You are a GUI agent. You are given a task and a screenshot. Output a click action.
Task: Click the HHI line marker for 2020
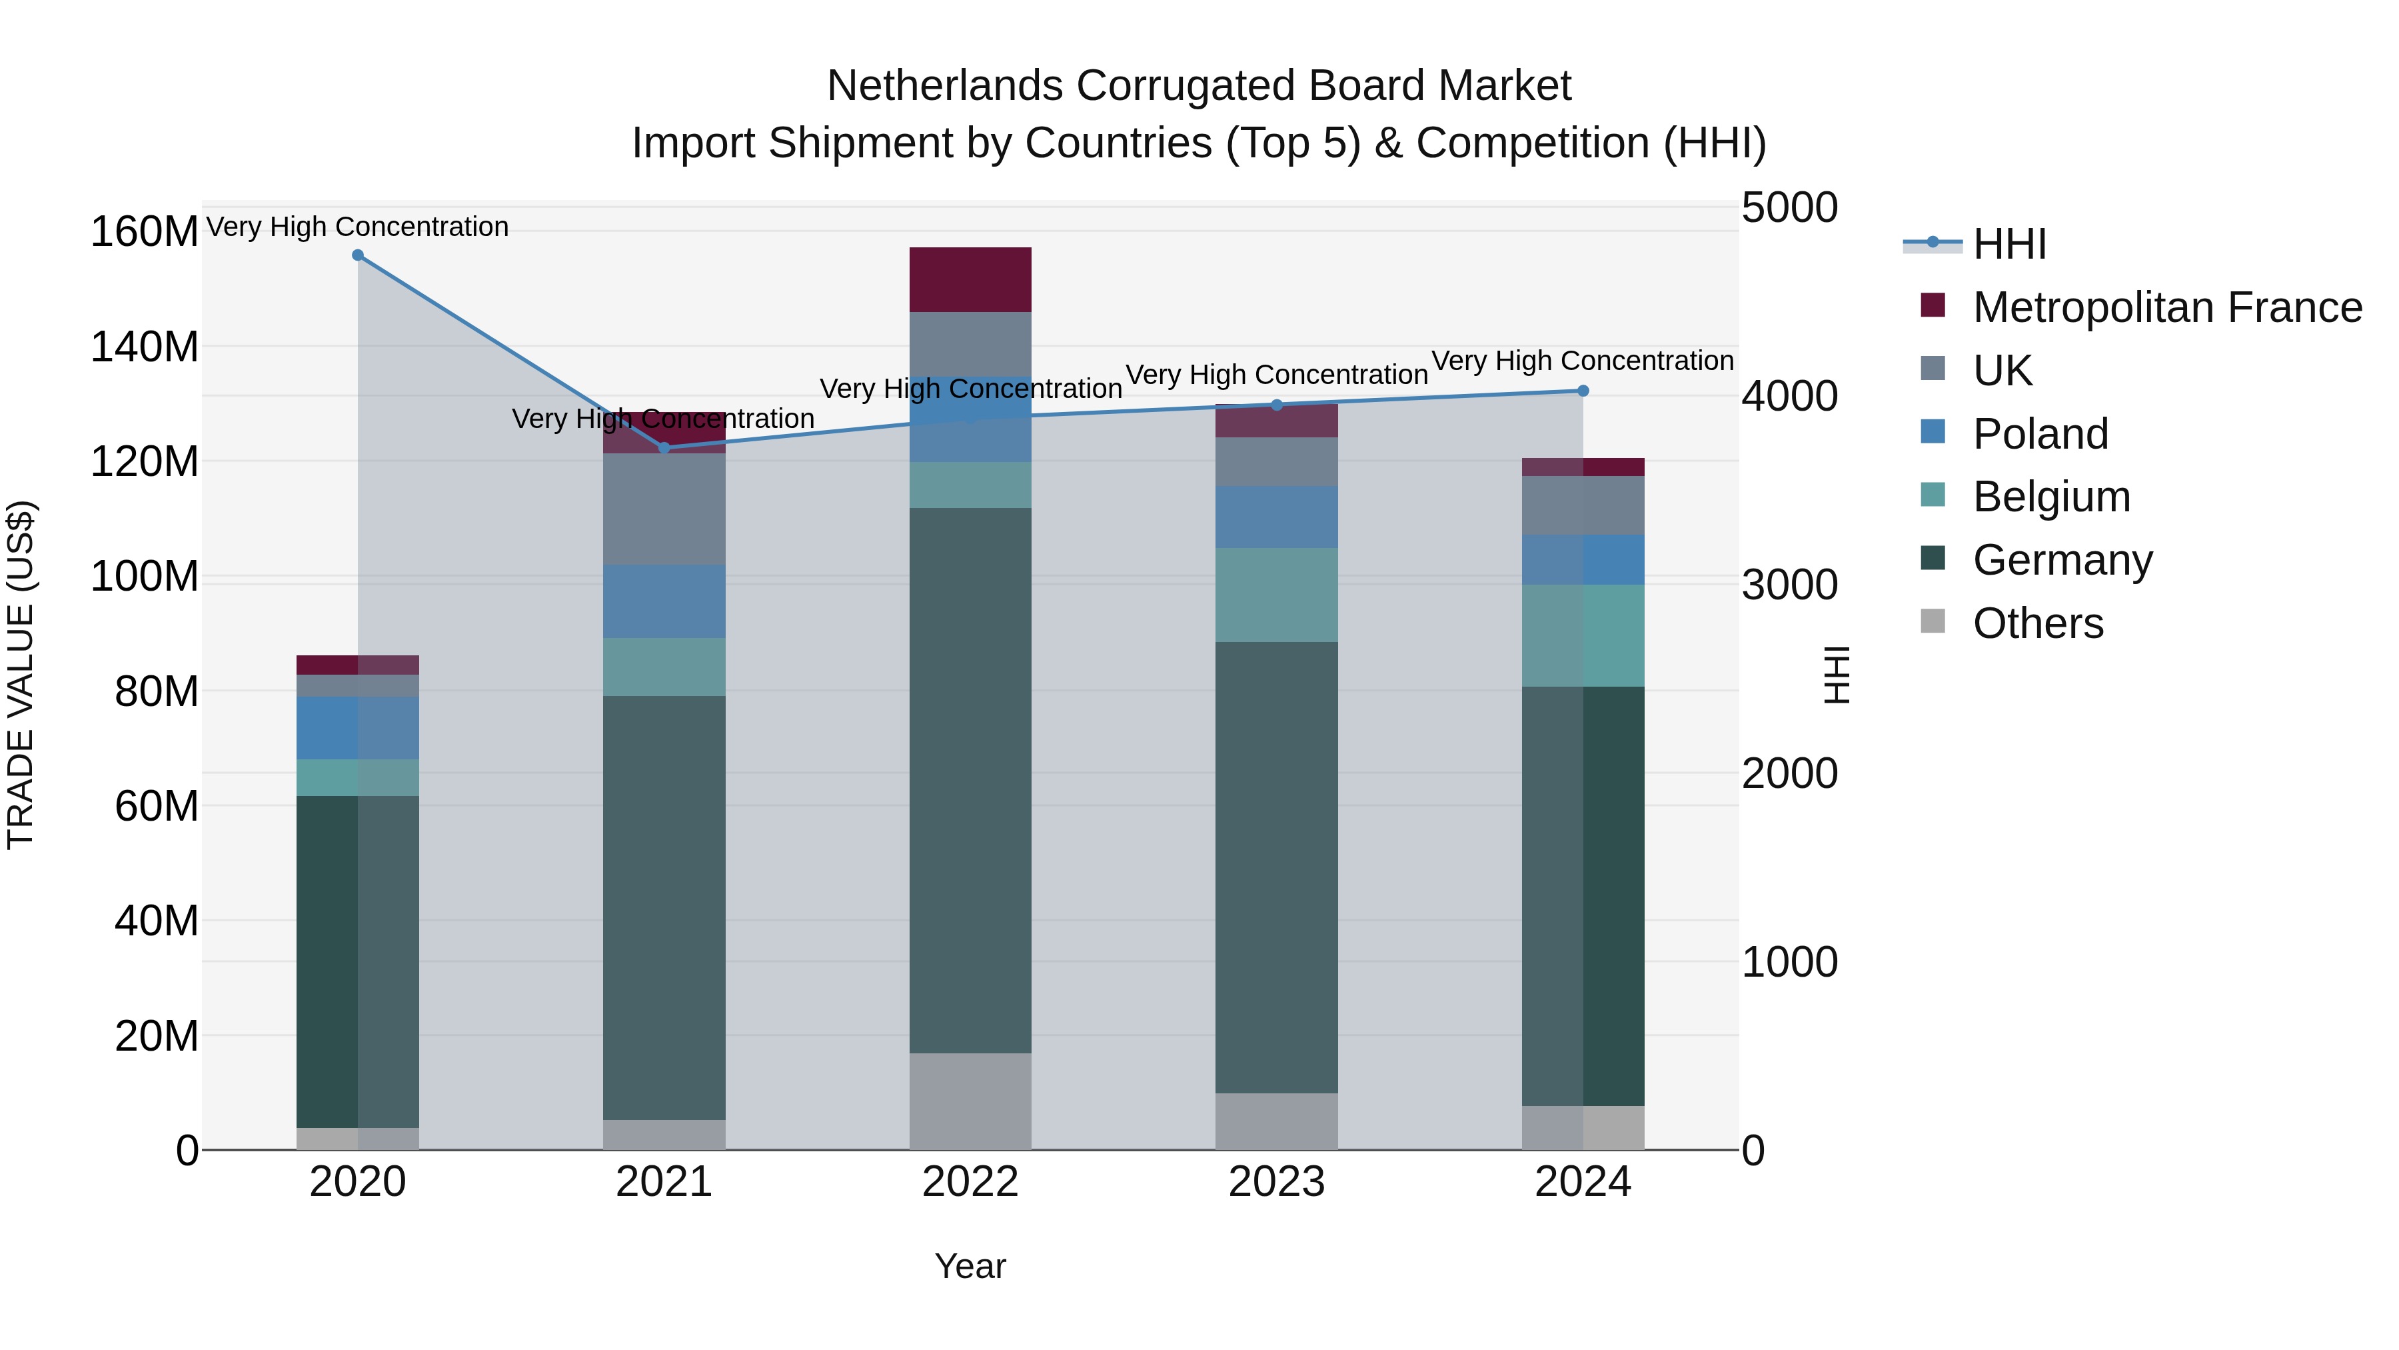[x=358, y=255]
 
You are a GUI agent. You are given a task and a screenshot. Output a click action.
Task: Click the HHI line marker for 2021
[x=664, y=448]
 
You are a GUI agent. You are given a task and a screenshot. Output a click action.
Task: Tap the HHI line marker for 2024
[x=1583, y=391]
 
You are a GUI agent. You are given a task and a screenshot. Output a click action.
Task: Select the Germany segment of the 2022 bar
[x=970, y=781]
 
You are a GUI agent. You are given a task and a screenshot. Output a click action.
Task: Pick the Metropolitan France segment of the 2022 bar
[x=970, y=279]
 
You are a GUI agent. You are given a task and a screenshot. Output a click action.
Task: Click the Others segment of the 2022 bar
[x=970, y=1101]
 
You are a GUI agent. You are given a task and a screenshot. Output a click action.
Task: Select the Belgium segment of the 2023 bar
[x=1277, y=595]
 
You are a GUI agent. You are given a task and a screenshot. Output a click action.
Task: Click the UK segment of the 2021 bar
[x=664, y=509]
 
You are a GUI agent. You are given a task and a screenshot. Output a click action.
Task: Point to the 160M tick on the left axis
[x=145, y=231]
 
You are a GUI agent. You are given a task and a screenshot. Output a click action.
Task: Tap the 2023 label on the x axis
[x=1277, y=1182]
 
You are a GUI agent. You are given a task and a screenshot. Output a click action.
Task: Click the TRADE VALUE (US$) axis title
[x=21, y=675]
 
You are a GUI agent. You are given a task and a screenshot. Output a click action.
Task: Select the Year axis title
[x=970, y=1266]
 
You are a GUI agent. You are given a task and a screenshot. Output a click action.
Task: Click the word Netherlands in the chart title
[x=944, y=86]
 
